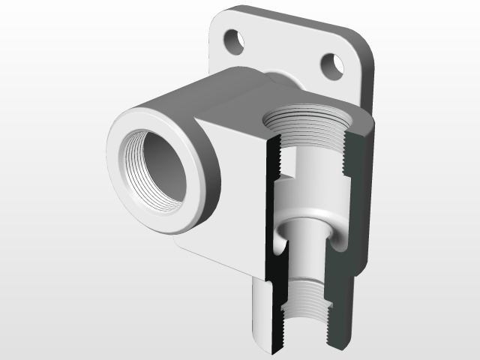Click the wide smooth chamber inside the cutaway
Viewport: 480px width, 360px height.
click(311, 187)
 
